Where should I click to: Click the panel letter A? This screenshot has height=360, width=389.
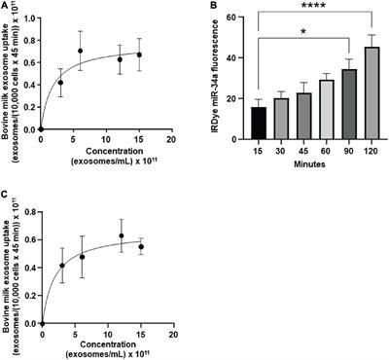6,7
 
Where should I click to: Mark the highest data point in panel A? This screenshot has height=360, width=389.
80,51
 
